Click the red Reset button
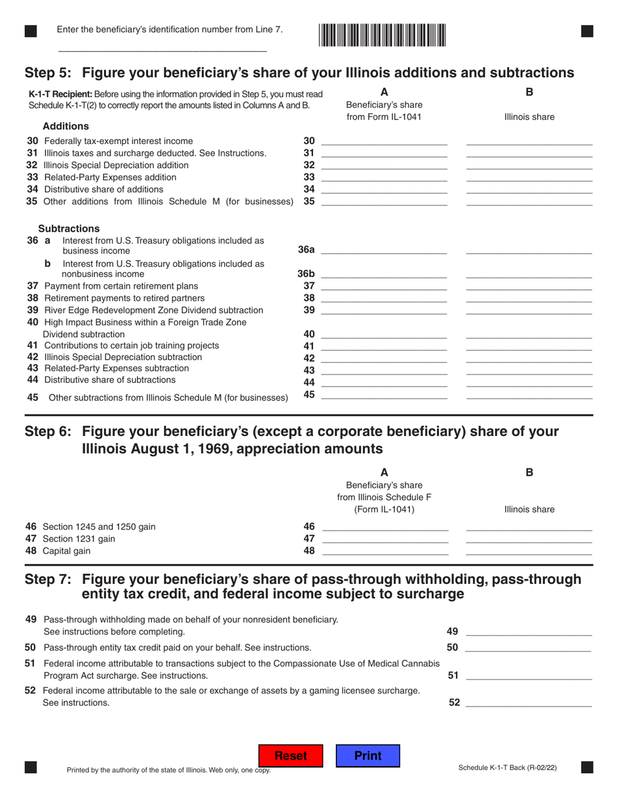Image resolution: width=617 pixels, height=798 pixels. [290, 756]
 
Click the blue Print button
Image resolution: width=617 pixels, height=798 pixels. [368, 756]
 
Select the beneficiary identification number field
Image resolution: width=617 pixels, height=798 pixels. [162, 45]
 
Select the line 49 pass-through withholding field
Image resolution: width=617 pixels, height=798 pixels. [529, 629]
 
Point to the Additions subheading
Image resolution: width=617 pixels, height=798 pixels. [66, 126]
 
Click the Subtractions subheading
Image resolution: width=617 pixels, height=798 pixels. [69, 228]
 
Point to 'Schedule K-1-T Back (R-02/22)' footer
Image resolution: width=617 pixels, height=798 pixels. [507, 768]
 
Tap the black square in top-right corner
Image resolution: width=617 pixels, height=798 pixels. [586, 30]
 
